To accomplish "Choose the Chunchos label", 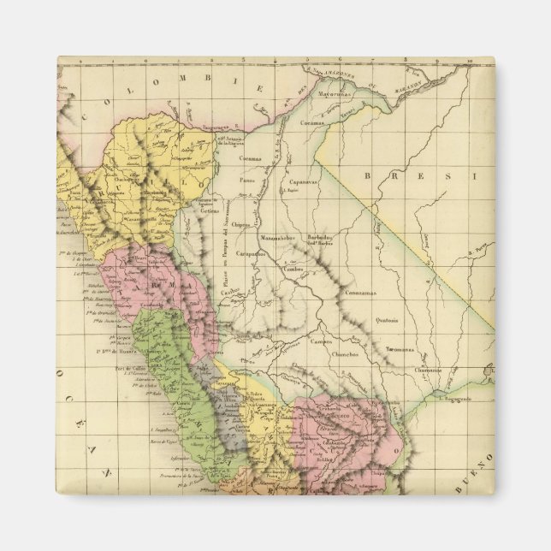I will click(x=344, y=353).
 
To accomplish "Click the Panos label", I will click(x=247, y=182).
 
